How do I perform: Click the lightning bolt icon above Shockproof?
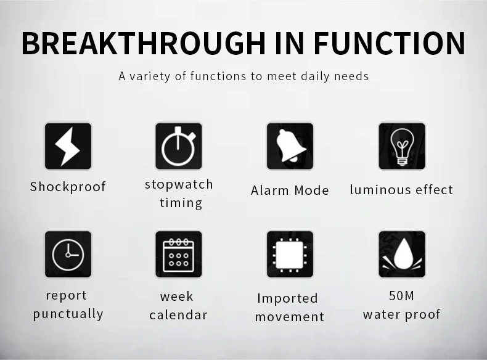68,146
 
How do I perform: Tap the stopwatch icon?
179,146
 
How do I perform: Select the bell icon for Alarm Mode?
290,146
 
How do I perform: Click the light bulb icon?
402,146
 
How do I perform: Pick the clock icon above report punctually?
68,254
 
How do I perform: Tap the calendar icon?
179,254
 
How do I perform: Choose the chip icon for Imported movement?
290,254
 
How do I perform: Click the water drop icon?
402,254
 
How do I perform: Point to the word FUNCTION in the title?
390,43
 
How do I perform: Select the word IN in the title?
290,43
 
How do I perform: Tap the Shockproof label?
68,187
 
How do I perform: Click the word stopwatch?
179,185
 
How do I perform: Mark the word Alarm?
270,190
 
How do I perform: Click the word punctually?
68,314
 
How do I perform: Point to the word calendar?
178,314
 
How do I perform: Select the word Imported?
288,298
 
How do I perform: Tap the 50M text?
401,296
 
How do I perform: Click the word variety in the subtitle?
150,76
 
